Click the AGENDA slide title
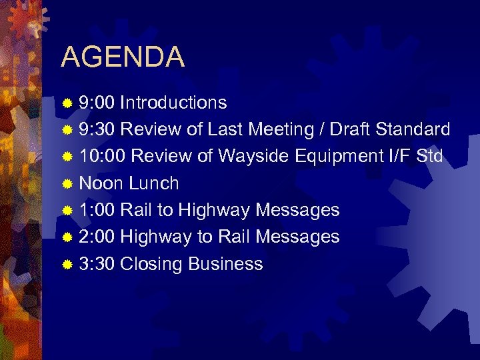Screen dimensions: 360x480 point(123,57)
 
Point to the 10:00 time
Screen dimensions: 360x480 point(102,157)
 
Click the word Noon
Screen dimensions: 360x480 point(101,183)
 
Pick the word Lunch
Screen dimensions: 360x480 point(154,183)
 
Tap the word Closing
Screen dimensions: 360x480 point(153,264)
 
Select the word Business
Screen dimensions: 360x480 point(226,264)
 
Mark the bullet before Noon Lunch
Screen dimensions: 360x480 point(67,184)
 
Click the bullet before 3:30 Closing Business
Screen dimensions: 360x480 point(67,265)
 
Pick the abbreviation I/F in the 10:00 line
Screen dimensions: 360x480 point(400,157)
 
